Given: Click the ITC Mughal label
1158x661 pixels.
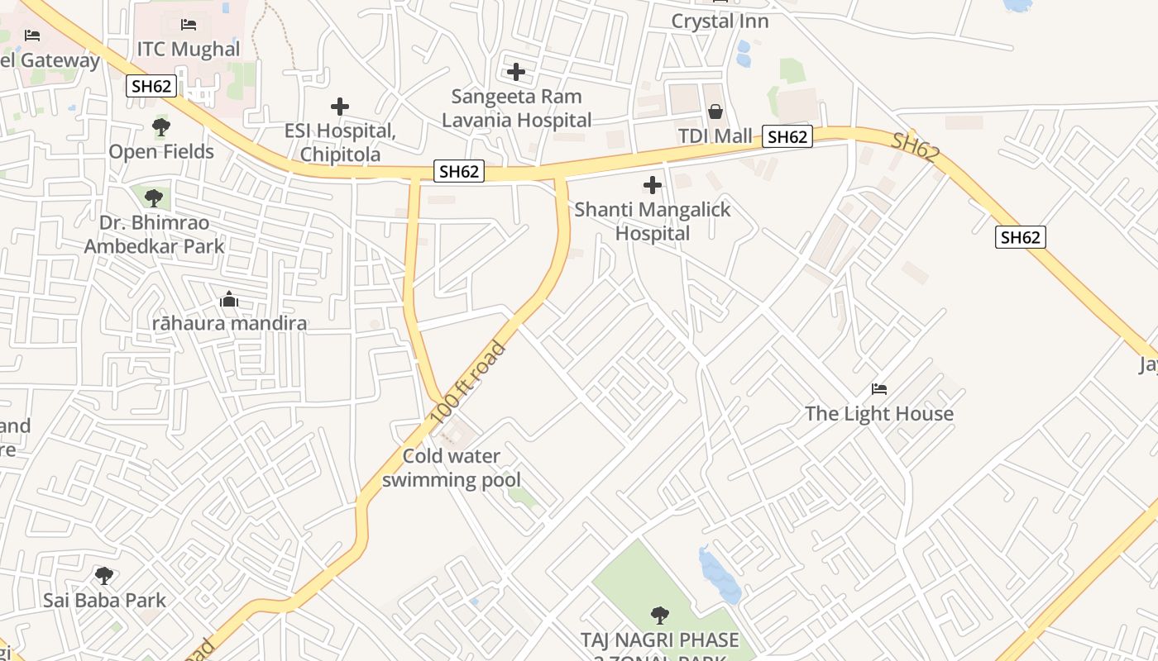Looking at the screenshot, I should (189, 50).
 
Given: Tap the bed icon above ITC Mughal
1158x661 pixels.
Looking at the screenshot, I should (189, 25).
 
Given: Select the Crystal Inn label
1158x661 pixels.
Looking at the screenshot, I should (720, 21).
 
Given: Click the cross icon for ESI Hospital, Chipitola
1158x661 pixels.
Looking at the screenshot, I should (340, 107).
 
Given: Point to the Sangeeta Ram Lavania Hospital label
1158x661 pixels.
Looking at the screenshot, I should (516, 108).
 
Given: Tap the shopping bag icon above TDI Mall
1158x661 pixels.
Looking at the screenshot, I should (715, 112).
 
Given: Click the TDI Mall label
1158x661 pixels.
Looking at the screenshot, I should (715, 136).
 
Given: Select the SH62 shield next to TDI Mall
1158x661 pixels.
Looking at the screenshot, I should (787, 137).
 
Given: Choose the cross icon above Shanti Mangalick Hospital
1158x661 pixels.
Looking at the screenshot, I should (653, 185).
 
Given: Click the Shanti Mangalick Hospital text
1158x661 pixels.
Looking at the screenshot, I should (653, 221).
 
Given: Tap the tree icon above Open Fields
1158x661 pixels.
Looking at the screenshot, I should (161, 127).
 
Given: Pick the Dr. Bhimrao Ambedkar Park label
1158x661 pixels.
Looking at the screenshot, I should (154, 235).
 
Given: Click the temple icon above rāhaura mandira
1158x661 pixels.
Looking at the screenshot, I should (229, 299).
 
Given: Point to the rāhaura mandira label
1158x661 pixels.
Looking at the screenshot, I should (229, 323).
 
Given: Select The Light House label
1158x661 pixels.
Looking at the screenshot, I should (879, 414).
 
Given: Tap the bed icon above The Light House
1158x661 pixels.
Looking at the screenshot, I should (879, 389).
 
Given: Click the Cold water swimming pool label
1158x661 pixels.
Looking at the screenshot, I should (452, 468).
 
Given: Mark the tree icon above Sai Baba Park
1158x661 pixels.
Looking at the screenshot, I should (104, 576).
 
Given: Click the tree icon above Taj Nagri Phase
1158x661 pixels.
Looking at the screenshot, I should (659, 615).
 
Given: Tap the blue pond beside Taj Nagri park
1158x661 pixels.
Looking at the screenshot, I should (719, 574).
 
